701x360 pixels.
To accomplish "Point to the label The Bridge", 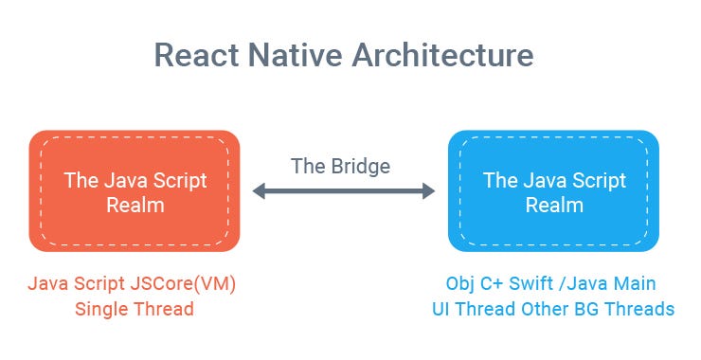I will pos(341,166).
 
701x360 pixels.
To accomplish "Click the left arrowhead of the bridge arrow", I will pos(258,191).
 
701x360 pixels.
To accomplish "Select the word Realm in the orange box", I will pos(134,205).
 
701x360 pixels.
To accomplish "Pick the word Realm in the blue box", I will pos(553,205).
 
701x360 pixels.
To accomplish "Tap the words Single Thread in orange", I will pos(134,309).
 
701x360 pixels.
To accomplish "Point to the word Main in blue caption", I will pos(638,284).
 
